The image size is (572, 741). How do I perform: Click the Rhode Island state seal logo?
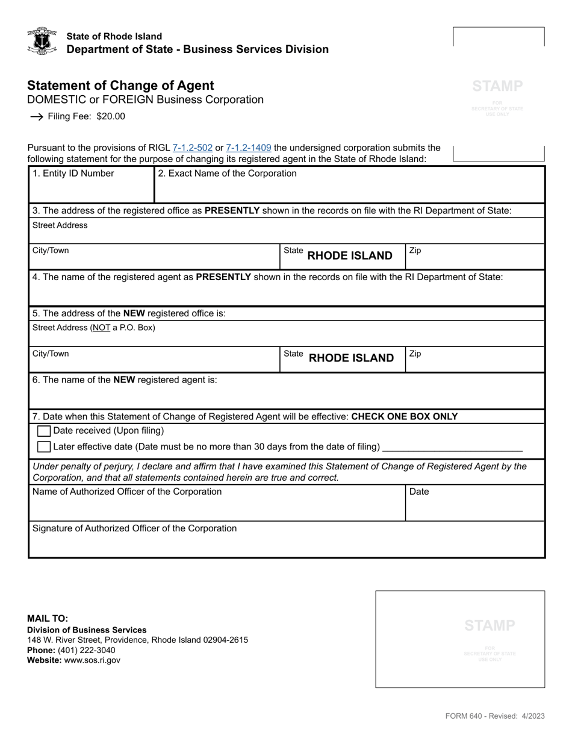[42, 41]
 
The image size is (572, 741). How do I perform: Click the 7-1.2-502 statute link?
[192, 148]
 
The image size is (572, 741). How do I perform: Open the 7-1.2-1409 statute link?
[248, 148]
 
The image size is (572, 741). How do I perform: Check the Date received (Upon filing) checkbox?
[44, 431]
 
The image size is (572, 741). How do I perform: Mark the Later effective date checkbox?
[44, 447]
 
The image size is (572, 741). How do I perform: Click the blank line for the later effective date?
[452, 446]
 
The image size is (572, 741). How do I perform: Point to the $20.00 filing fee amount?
[111, 117]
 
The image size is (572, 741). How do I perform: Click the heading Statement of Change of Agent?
[120, 86]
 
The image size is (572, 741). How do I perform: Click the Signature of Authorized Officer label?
[134, 528]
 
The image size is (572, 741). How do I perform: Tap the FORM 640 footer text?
[494, 716]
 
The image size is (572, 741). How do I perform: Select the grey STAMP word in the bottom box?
[490, 625]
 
